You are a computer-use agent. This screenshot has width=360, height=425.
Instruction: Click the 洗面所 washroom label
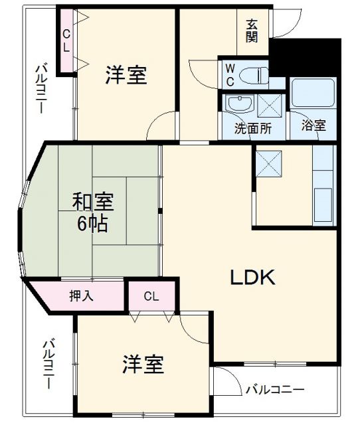[x=252, y=128]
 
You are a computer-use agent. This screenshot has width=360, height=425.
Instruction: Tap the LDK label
[x=252, y=277]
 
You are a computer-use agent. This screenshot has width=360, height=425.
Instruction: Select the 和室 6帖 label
[x=92, y=212]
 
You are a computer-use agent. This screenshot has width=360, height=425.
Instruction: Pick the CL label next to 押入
[x=151, y=296]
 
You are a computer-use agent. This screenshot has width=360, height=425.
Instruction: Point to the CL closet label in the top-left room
[x=66, y=41]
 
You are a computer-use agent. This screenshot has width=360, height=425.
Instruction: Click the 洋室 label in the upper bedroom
[x=126, y=75]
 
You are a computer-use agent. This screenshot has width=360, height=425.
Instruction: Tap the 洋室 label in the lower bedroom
[x=143, y=364]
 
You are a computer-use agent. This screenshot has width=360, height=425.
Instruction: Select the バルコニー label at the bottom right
[x=274, y=390]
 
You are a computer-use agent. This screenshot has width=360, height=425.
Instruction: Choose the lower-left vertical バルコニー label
[x=48, y=365]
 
